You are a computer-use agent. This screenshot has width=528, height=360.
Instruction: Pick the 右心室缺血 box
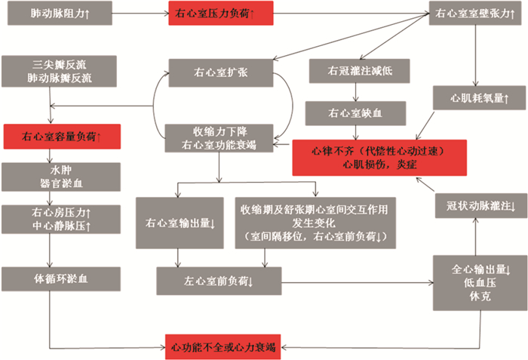(355, 114)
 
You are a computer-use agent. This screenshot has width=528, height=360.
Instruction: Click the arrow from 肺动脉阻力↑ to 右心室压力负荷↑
(141, 14)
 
